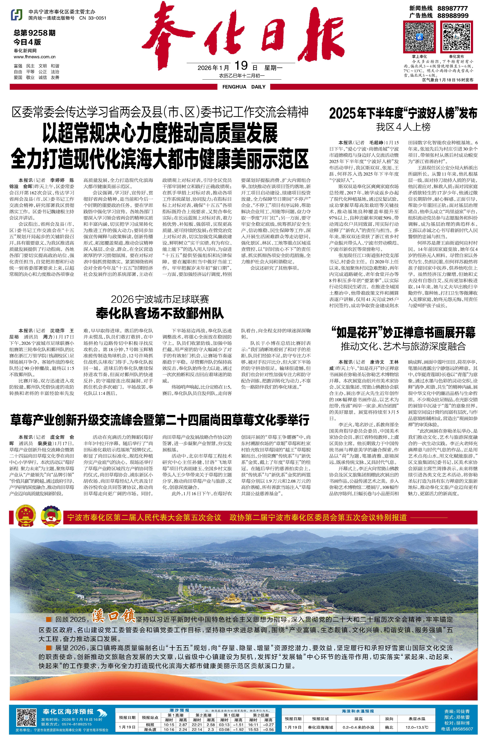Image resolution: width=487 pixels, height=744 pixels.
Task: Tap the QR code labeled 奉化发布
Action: pyautogui.click(x=456, y=37)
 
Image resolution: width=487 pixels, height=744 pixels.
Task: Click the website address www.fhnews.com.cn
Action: pyautogui.click(x=34, y=57)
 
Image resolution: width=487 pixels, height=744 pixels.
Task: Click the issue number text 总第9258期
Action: pyautogui.click(x=34, y=33)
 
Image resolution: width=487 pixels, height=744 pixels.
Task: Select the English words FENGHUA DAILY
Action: pyautogui.click(x=244, y=87)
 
